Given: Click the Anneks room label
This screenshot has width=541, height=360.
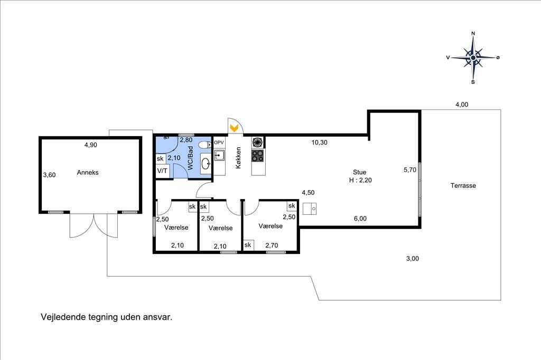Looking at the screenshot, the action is click(x=88, y=173).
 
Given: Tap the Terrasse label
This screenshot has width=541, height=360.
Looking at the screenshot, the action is click(x=463, y=185).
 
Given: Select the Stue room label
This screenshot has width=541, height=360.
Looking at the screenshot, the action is click(x=359, y=172).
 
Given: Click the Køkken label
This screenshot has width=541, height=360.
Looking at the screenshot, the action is click(x=238, y=158).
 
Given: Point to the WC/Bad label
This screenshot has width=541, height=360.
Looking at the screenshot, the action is click(x=190, y=158).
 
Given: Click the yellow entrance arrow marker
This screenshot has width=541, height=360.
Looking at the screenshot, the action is click(x=234, y=128).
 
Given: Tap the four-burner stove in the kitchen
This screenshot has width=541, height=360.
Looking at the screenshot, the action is click(x=258, y=156).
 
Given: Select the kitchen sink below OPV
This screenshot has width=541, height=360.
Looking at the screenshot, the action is click(x=219, y=156).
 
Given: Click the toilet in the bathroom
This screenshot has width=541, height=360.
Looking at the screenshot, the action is click(x=207, y=145).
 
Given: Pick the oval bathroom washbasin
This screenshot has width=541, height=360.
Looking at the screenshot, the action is click(x=206, y=164).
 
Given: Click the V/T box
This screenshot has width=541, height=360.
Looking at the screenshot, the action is click(x=163, y=171).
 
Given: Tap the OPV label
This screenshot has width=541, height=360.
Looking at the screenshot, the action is click(x=219, y=143).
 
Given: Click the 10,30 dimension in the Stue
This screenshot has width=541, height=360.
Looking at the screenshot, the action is click(x=320, y=143).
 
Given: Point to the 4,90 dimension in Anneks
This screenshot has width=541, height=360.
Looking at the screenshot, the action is click(x=91, y=145).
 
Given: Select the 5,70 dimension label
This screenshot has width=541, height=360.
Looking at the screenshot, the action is click(x=410, y=169).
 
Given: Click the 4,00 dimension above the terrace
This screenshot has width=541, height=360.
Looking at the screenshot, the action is click(x=462, y=105).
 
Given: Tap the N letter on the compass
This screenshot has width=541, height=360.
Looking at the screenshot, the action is click(x=473, y=33).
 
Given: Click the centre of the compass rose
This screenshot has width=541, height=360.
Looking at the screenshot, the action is click(x=473, y=58).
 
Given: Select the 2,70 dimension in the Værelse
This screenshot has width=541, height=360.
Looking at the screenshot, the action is click(x=272, y=245).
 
